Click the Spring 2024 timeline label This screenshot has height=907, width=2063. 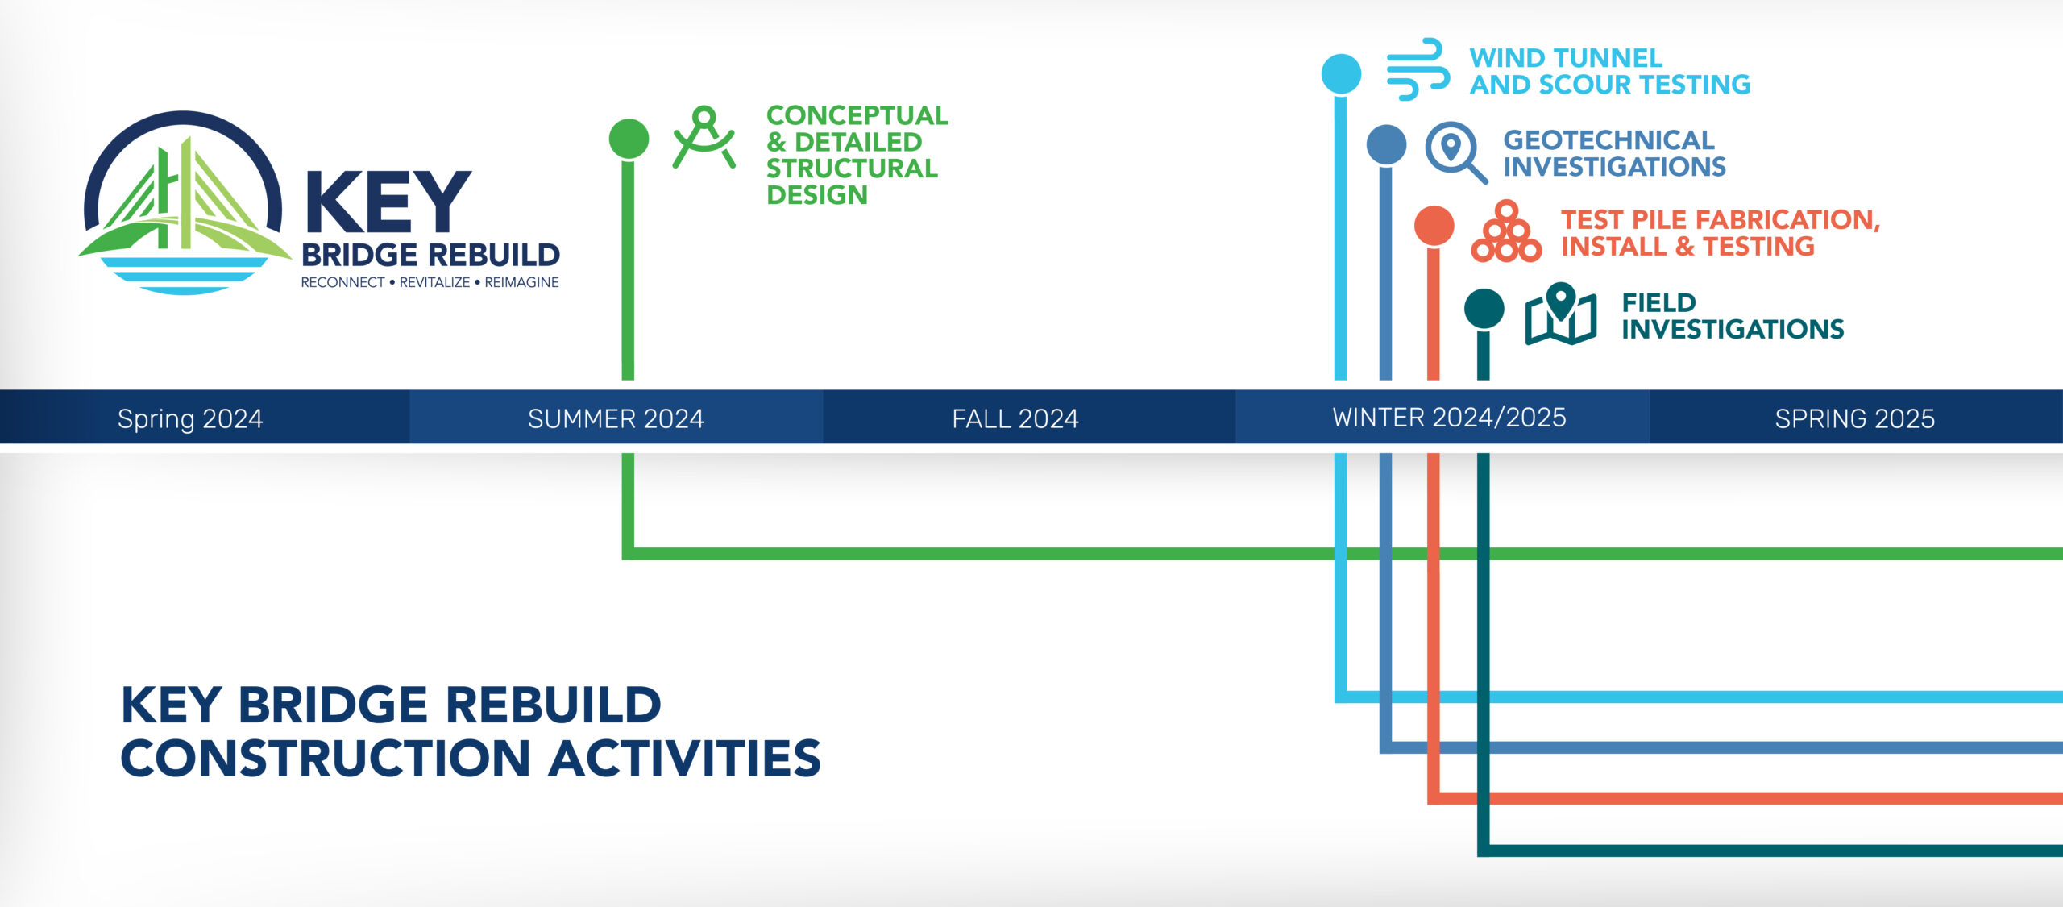point(190,418)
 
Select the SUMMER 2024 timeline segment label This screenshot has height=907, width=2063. point(616,418)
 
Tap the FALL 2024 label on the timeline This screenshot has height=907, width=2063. point(1015,418)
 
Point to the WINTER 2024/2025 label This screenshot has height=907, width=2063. point(1449,417)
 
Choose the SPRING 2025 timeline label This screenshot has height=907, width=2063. point(1854,418)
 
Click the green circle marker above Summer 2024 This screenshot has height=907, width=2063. point(629,139)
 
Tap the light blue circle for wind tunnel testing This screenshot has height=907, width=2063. point(1341,74)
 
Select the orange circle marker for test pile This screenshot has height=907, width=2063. point(1434,226)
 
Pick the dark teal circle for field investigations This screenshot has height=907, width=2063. point(1484,309)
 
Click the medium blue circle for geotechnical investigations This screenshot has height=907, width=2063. point(1386,145)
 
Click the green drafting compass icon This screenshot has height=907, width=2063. point(704,137)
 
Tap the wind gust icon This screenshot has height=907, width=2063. point(1418,69)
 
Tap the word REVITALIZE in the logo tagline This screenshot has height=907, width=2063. point(434,282)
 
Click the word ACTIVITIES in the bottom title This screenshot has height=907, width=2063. point(684,759)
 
